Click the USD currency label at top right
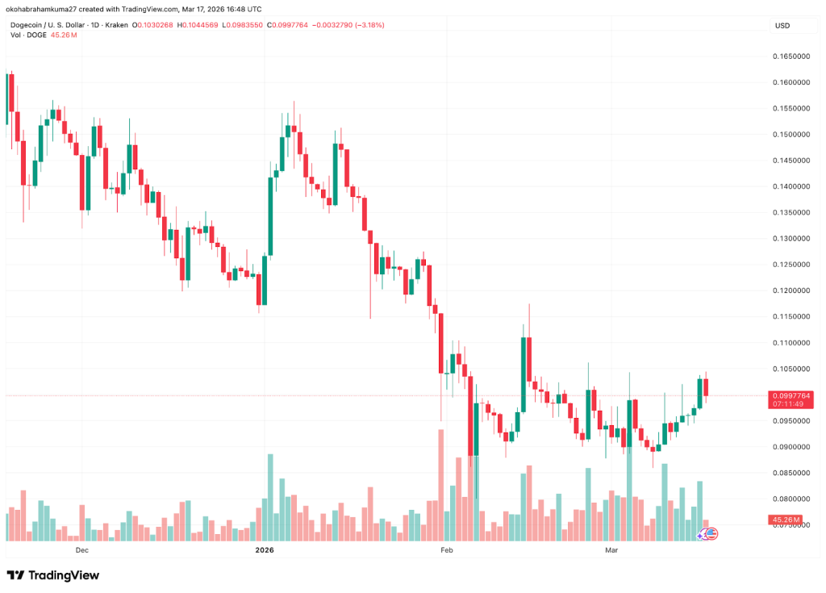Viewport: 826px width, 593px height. [x=782, y=26]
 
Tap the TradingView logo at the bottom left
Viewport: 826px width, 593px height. [x=53, y=575]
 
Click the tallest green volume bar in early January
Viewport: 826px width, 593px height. [x=270, y=497]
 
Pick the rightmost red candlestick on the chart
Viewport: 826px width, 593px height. [x=707, y=387]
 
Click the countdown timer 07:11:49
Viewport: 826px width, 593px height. [x=787, y=403]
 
